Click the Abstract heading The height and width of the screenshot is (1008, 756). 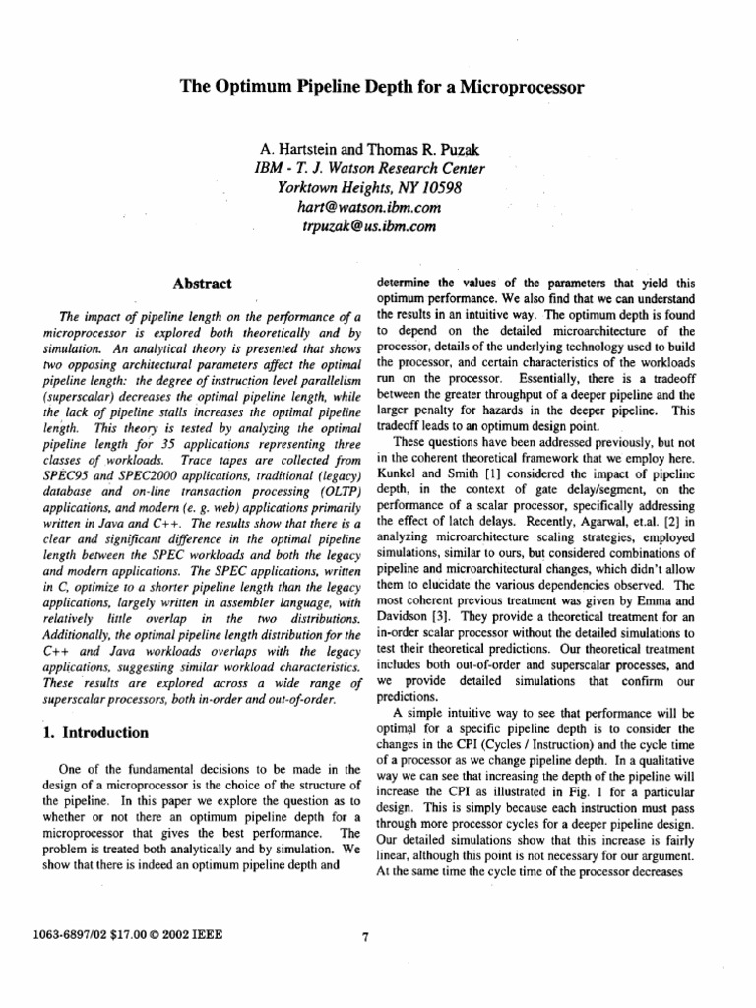tap(202, 284)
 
